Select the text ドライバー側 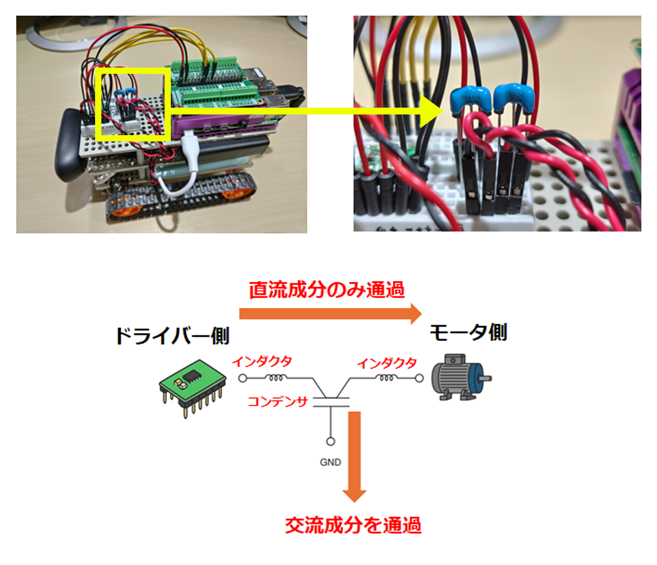[x=172, y=336]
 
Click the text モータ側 [x=467, y=333]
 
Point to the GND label [x=330, y=463]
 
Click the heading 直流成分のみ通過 [x=327, y=290]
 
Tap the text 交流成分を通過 [x=353, y=525]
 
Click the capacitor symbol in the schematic [x=330, y=400]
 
